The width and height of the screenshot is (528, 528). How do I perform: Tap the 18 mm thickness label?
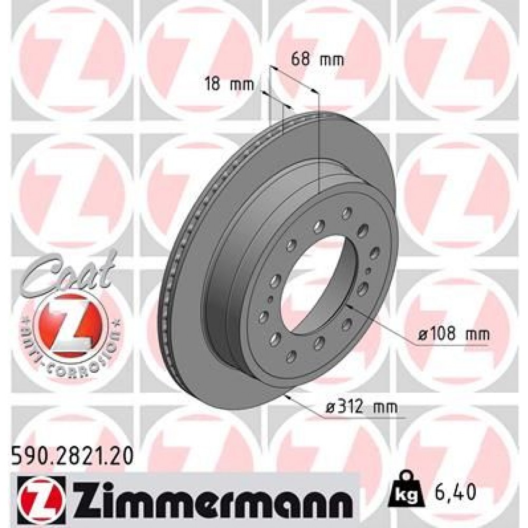(x=229, y=83)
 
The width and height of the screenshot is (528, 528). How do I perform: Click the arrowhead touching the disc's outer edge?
(x=288, y=396)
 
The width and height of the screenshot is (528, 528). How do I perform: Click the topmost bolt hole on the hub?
(x=347, y=212)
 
